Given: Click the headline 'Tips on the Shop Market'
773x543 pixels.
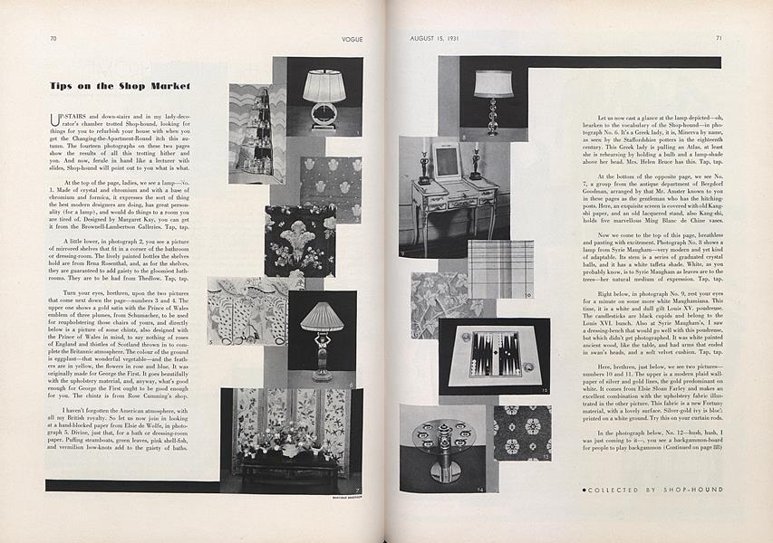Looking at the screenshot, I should point(119,86).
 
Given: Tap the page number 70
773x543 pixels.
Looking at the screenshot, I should point(53,39).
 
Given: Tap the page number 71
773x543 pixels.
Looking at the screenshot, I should point(718,39).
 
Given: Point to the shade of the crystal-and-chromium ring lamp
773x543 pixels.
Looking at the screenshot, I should point(324,87).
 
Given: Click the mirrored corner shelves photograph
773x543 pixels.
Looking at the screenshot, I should point(256,134).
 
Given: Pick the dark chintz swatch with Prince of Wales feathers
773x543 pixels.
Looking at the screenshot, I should point(299,241).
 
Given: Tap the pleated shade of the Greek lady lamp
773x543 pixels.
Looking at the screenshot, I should point(323,317).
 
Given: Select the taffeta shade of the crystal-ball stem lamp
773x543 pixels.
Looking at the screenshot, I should point(493,83).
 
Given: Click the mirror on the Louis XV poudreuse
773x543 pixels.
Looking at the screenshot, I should point(447,161).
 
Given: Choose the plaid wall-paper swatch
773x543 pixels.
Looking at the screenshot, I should point(500,269).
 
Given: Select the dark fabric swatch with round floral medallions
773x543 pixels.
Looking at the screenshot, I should point(522,433).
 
